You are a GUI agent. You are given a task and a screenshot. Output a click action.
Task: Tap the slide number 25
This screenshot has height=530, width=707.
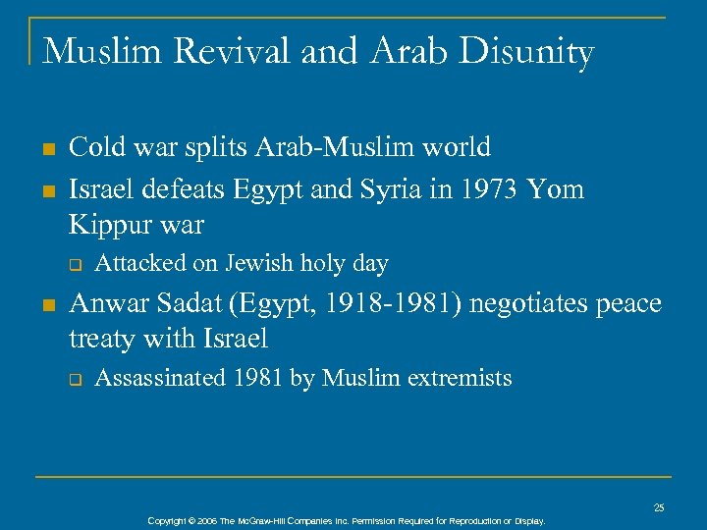tap(659, 507)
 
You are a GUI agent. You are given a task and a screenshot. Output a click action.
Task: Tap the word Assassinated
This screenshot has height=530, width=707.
tap(161, 378)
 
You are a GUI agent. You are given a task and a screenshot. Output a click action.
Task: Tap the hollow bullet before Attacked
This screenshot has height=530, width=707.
tap(73, 264)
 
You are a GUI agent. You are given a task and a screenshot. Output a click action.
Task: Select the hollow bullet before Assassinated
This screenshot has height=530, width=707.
tap(73, 379)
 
